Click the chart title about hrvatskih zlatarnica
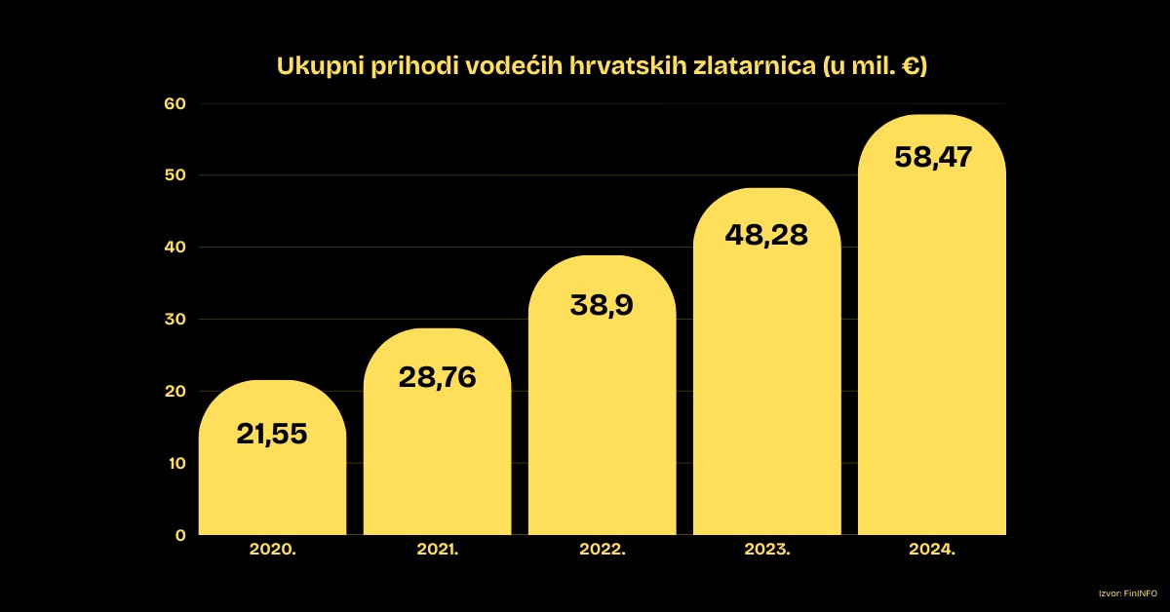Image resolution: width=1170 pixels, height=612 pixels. pos(602,66)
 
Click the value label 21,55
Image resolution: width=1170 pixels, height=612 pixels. pos(272,435)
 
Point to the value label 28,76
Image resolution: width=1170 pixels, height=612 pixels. pos(437,377)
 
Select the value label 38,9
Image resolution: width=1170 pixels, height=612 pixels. pos(602,305)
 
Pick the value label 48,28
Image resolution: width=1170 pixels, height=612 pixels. pos(766,235)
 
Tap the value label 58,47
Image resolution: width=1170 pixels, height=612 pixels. pos(932,157)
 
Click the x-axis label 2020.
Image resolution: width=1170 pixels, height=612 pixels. pos(272,551)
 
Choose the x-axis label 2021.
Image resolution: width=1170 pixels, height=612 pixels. pos(437,551)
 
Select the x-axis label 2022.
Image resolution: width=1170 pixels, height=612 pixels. pos(602,551)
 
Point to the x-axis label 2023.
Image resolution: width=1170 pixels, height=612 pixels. pos(766,551)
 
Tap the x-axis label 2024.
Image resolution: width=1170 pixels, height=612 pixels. pos(932,551)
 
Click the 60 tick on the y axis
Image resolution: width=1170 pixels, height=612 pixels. pos(175,103)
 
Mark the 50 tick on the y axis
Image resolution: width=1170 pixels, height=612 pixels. pos(175,175)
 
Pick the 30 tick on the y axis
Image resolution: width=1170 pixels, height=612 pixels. pos(175,320)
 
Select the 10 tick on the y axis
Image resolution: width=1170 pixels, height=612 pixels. pos(175,463)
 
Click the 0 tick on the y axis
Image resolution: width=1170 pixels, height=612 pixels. pos(180,535)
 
